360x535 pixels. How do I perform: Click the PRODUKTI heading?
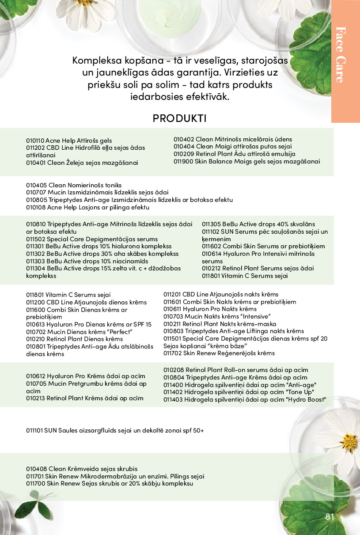[x=179, y=118]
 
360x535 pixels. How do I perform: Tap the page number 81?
[x=330, y=517]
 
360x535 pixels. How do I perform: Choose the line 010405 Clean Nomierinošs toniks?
[x=74, y=185]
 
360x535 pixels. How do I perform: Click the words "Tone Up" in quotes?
[x=300, y=392]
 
